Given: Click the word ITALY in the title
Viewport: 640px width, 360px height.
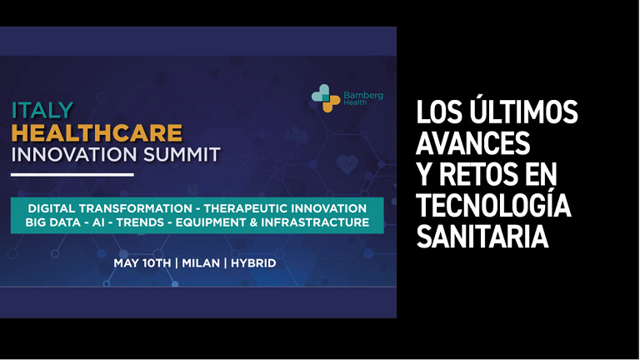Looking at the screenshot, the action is point(42,110).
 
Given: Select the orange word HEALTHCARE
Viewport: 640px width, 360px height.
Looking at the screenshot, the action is point(97,132).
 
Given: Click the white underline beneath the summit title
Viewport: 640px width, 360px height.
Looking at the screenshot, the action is point(72,175).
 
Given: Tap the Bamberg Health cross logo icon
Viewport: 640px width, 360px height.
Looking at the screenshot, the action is point(326,98).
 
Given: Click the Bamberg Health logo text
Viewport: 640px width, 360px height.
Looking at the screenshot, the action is point(363,98).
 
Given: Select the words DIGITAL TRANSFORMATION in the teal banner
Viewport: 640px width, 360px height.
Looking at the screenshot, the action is point(110,208).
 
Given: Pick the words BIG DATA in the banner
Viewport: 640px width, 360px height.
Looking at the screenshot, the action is point(53,222).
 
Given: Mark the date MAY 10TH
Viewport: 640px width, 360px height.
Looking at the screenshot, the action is point(142,263).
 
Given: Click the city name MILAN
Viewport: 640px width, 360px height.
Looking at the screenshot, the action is point(201,263).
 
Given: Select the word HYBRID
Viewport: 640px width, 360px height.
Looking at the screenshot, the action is point(253,263).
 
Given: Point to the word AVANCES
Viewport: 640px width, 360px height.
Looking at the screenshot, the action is point(472,142).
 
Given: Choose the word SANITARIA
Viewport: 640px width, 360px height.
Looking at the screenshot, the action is point(482,237).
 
